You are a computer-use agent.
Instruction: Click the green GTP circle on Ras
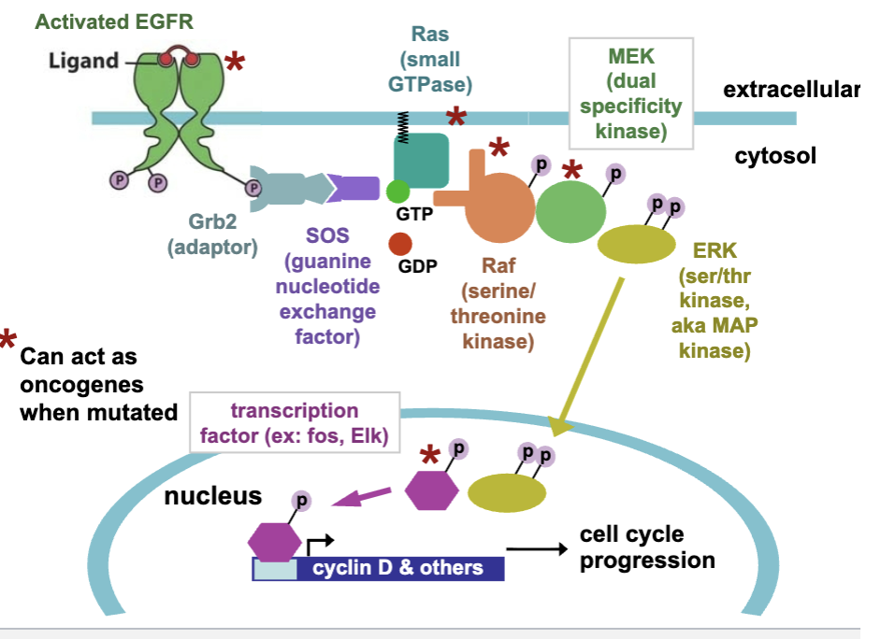(x=397, y=192)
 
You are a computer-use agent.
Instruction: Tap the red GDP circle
(x=399, y=245)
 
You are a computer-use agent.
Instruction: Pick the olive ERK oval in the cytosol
(x=636, y=245)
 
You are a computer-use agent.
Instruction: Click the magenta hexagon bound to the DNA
(x=275, y=541)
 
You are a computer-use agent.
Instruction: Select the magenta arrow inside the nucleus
(x=364, y=498)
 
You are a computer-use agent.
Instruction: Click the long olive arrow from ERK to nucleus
(x=589, y=355)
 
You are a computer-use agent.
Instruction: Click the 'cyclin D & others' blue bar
(x=397, y=568)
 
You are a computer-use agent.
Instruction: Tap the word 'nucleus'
(x=212, y=495)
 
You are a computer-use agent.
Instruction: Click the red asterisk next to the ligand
(x=235, y=64)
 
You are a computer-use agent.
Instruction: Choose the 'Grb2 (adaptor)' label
(x=212, y=236)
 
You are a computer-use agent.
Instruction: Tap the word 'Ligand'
(x=83, y=62)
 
